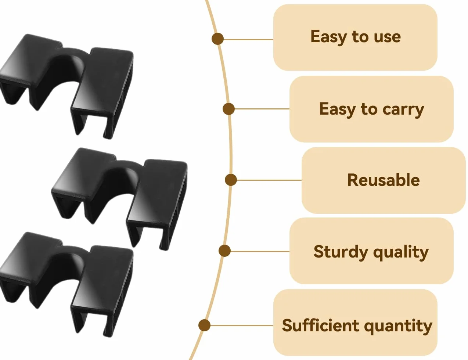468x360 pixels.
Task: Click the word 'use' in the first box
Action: [387, 37]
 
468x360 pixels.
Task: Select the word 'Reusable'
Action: [384, 180]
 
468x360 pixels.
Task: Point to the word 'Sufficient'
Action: [320, 325]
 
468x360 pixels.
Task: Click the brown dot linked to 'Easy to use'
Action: [217, 39]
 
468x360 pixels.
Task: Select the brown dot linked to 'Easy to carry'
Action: [228, 109]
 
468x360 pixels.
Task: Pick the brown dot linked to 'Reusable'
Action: [231, 180]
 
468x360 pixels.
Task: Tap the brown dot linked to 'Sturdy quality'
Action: [224, 251]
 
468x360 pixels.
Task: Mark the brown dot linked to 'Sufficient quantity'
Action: [204, 325]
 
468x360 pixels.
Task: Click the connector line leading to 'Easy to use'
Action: [248, 39]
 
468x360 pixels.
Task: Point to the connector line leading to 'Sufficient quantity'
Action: [242, 325]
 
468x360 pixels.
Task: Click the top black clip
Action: [67, 86]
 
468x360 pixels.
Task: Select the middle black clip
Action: [119, 199]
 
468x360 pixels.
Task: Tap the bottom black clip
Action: [67, 284]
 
